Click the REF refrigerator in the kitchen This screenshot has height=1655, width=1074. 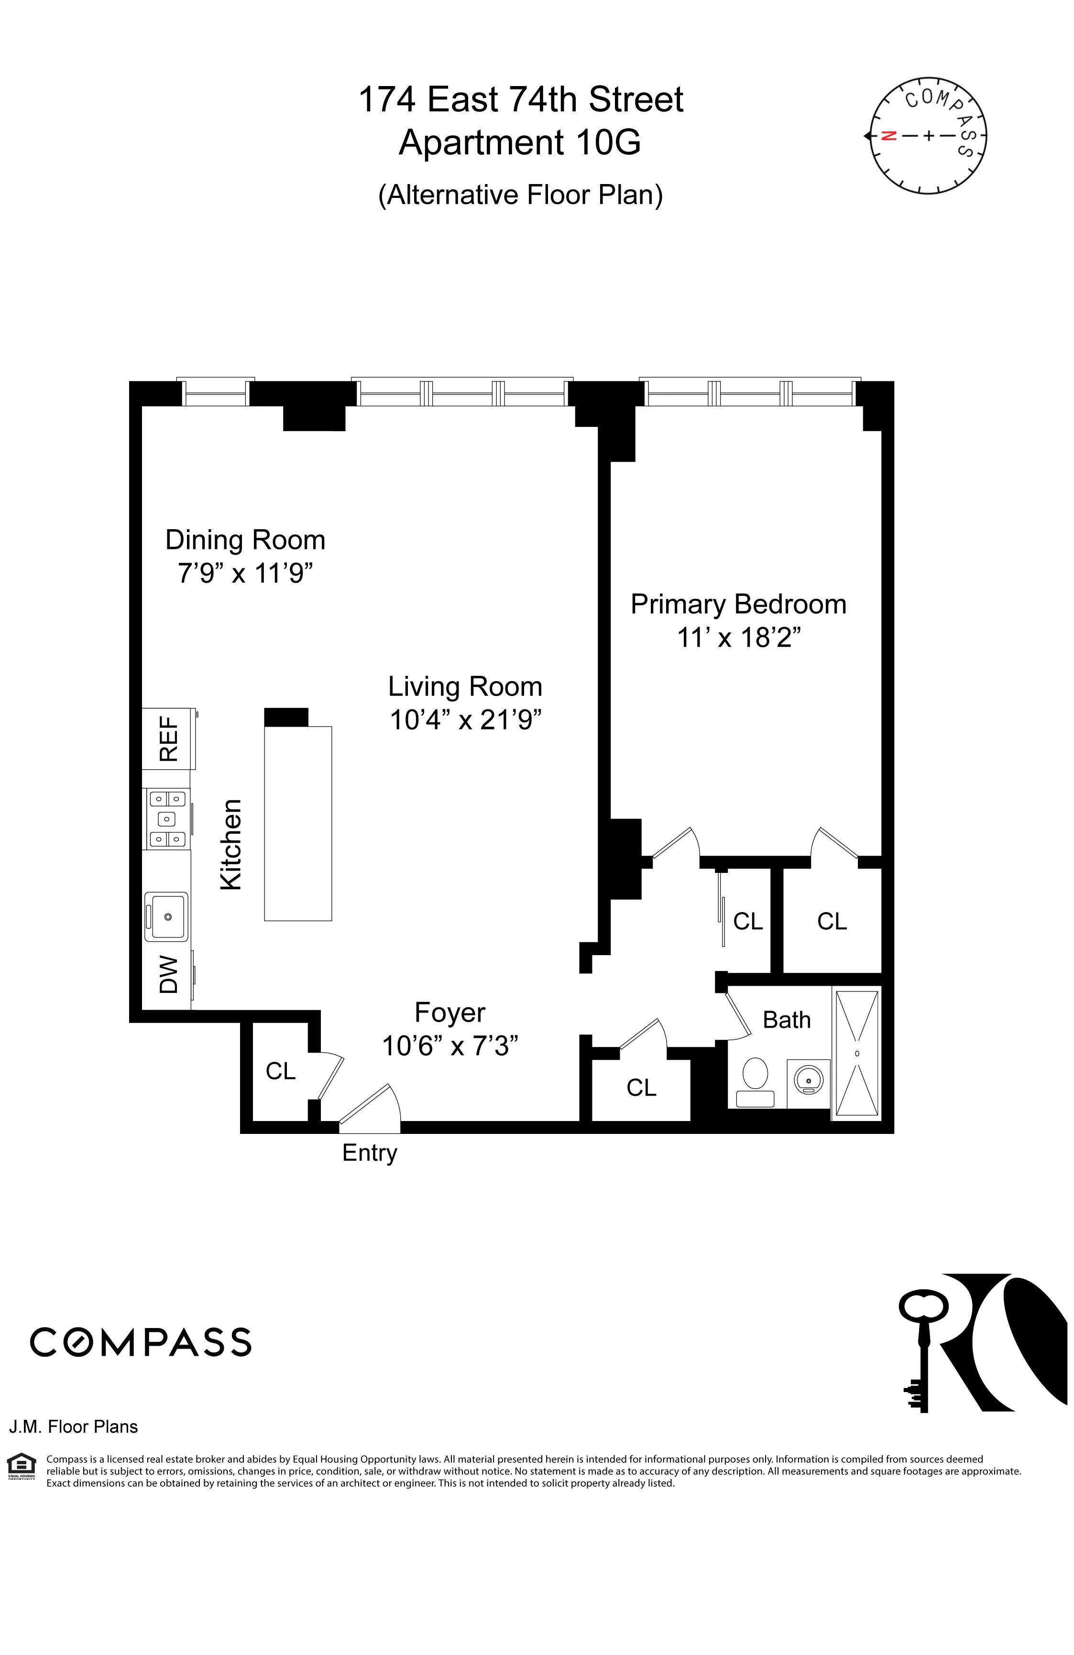(x=168, y=739)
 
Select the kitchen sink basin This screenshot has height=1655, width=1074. (x=166, y=916)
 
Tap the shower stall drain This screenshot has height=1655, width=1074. (x=857, y=1054)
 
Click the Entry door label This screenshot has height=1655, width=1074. (x=369, y=1152)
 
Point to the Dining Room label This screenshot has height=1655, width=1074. (x=245, y=540)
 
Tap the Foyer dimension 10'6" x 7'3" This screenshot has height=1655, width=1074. (x=450, y=1045)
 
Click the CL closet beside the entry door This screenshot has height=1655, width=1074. (x=280, y=1071)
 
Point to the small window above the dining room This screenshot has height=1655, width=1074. (x=216, y=393)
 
